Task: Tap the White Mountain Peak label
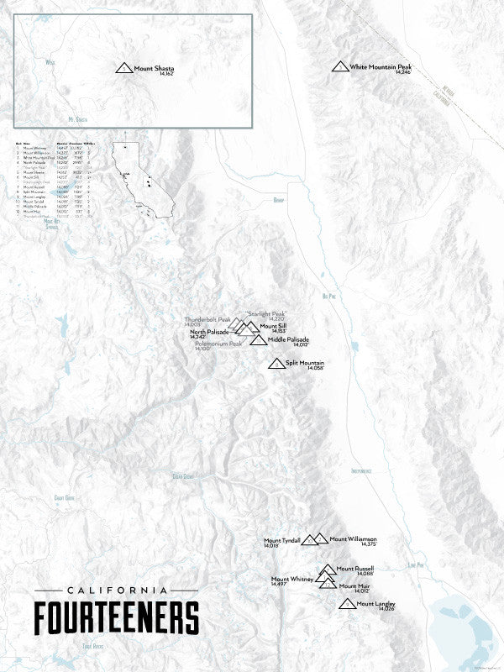[x=380, y=66]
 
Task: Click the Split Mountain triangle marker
[x=275, y=364]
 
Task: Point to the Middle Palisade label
[x=288, y=339]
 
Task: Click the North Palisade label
[x=209, y=332]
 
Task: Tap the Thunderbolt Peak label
[x=207, y=319]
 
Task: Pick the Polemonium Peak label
[x=218, y=344]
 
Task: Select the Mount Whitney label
[x=291, y=580]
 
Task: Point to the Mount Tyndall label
[x=281, y=540]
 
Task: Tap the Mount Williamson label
[x=353, y=538]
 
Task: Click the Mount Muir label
[x=354, y=585]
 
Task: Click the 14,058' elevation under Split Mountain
[x=315, y=369]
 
